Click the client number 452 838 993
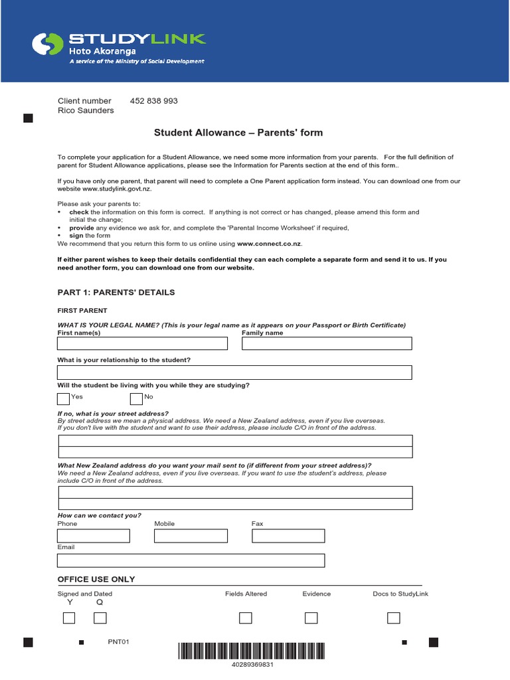[154, 101]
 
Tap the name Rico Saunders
[86, 111]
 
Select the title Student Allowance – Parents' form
[238, 133]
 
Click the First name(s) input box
[142, 343]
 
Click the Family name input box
[327, 343]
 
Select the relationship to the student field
[234, 372]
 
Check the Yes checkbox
[63, 398]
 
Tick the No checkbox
[136, 398]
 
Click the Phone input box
[94, 536]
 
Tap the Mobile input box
[191, 536]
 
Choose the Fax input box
[288, 536]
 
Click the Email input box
[191, 560]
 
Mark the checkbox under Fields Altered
[246, 618]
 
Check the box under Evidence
[311, 618]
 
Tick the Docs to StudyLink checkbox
[394, 618]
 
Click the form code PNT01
[119, 642]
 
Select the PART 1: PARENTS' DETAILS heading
[116, 293]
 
